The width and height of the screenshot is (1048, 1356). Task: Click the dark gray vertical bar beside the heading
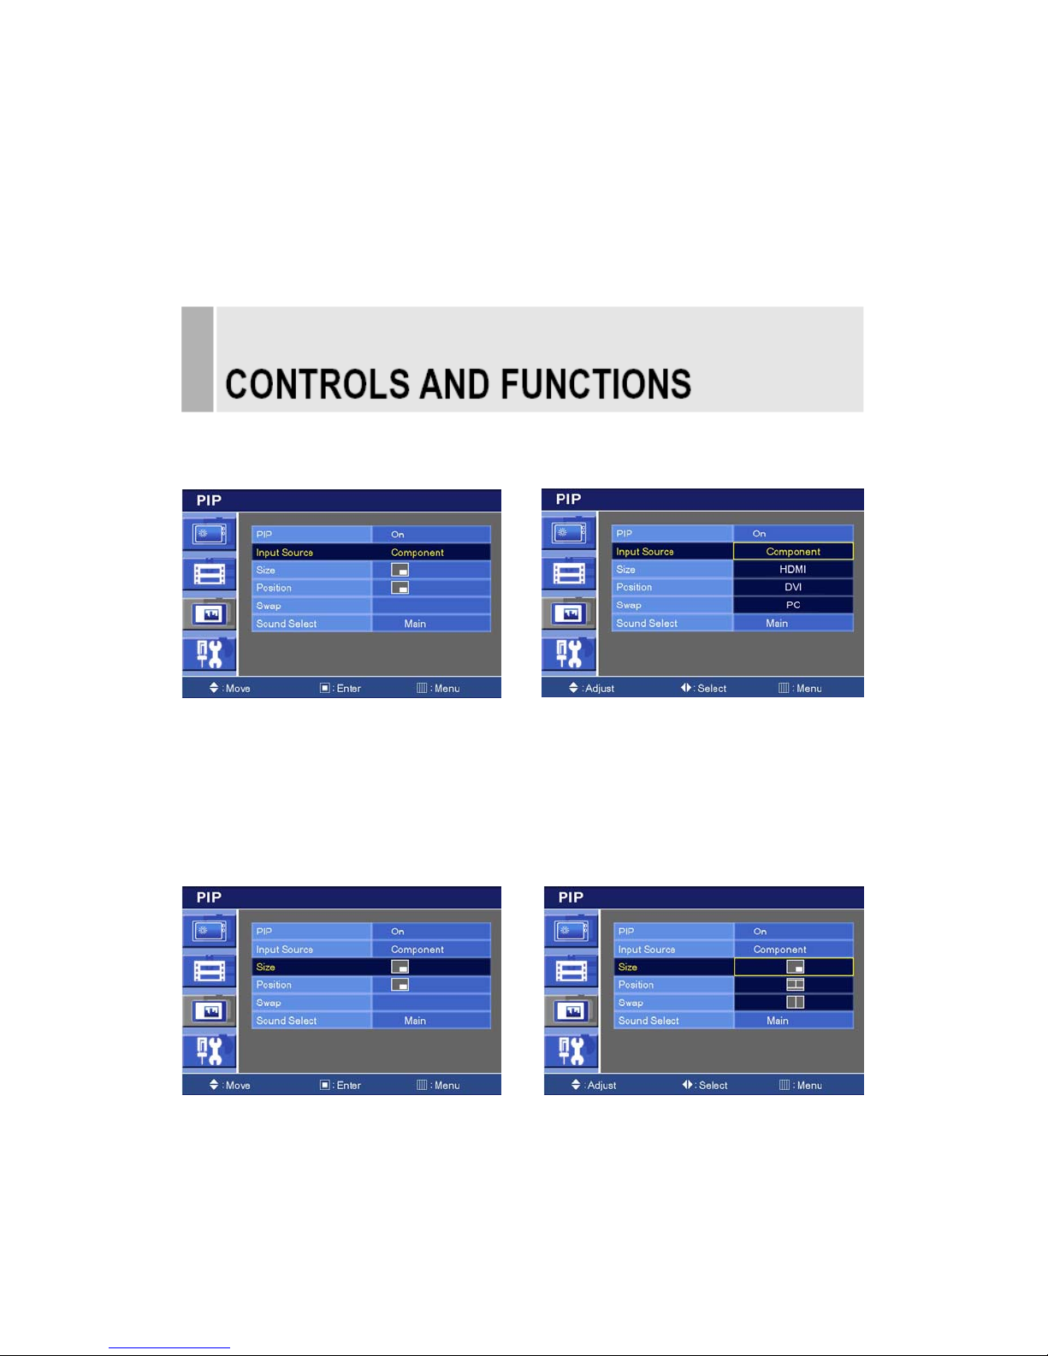(x=197, y=358)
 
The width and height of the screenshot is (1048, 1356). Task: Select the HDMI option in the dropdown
(x=792, y=569)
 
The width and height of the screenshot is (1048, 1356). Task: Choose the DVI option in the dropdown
(x=793, y=587)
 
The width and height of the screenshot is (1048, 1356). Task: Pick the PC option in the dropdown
(x=793, y=605)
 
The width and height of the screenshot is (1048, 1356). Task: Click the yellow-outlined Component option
(x=793, y=551)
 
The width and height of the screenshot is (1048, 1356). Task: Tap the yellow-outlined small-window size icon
(x=796, y=967)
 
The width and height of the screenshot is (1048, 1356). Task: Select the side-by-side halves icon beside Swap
(x=796, y=1002)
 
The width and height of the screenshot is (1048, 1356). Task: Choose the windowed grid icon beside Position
(x=796, y=985)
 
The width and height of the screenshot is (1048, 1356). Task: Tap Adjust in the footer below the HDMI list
(x=600, y=689)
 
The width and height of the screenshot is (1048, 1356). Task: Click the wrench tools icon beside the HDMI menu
(x=569, y=654)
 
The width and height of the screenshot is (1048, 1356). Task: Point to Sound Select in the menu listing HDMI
(x=646, y=623)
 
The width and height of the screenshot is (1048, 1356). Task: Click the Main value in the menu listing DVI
(x=777, y=623)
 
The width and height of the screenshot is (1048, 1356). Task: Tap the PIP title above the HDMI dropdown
(x=568, y=500)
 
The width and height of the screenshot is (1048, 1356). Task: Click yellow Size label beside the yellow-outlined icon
(x=628, y=967)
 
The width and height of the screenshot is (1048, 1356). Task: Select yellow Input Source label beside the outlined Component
(x=644, y=552)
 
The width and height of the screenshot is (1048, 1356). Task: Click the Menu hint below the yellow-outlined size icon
(x=809, y=1085)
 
